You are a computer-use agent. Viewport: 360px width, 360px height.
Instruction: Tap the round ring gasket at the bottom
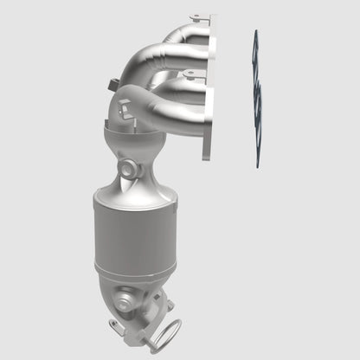point(168,331)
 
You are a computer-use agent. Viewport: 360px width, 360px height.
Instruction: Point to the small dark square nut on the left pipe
point(114,84)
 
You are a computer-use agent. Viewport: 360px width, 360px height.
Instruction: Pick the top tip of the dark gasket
point(254,33)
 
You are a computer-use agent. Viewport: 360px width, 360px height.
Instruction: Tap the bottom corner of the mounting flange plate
point(207,157)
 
